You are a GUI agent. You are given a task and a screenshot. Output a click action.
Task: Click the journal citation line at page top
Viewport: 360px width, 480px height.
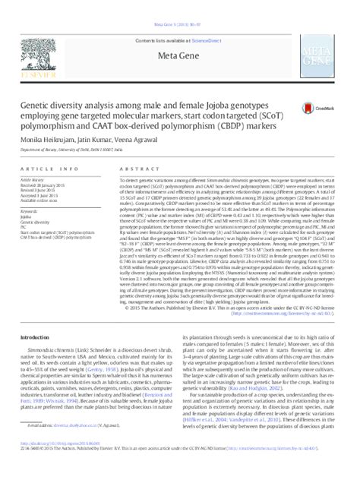click(x=179, y=10)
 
